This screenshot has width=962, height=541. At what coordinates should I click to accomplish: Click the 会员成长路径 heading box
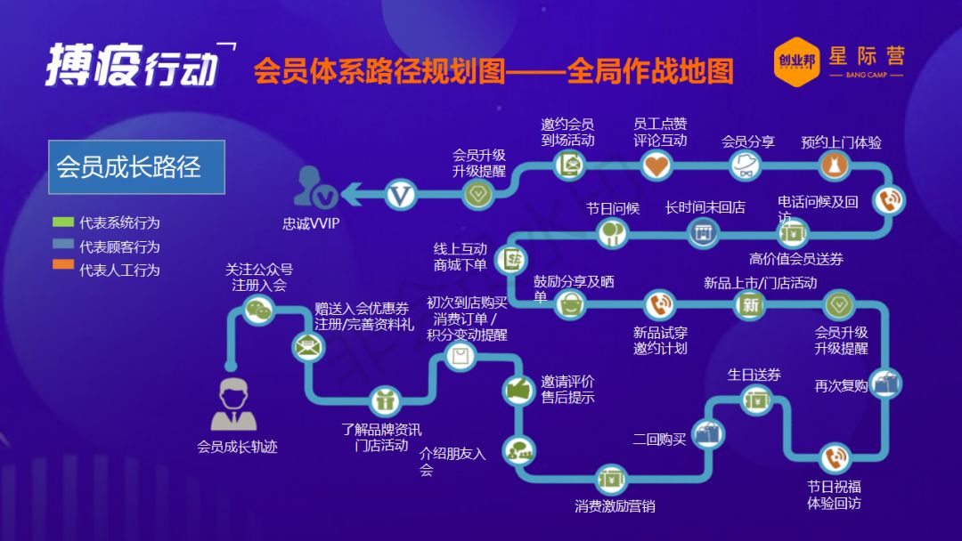[136, 167]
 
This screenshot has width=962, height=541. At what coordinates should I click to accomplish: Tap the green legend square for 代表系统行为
[62, 222]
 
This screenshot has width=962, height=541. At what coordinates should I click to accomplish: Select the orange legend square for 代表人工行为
[62, 265]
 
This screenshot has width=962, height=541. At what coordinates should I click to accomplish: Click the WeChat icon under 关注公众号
[259, 309]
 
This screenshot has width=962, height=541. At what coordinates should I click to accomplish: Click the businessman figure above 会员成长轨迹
[234, 405]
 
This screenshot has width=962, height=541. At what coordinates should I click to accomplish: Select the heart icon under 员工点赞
[656, 165]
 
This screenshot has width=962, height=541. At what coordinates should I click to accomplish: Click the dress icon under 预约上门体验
[835, 165]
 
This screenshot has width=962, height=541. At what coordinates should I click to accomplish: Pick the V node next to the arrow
[401, 194]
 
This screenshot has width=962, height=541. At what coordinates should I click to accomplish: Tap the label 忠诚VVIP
[311, 224]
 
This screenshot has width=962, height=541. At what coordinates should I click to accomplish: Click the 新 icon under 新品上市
[749, 305]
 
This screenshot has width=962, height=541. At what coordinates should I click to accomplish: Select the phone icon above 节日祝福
[835, 459]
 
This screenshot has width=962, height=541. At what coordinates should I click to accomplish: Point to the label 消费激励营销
[615, 506]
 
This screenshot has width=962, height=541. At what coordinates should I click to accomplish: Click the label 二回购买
[659, 440]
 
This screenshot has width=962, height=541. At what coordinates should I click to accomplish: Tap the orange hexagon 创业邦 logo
[795, 61]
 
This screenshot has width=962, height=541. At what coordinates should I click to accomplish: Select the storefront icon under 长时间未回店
[703, 233]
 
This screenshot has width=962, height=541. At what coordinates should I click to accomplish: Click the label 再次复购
[840, 386]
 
